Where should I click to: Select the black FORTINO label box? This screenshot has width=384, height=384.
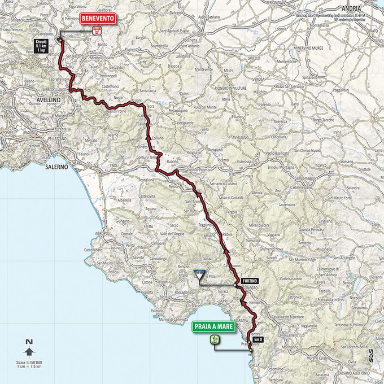click(248, 281)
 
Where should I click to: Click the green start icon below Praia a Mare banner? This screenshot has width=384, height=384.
click(215, 339)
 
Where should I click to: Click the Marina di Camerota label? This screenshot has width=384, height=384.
click(173, 320)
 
